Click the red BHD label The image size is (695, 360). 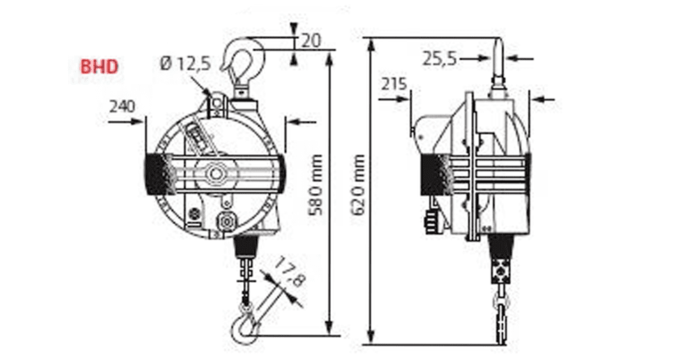[99, 67]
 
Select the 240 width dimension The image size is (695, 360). [122, 106]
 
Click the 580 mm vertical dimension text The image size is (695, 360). [316, 184]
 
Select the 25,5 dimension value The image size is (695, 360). [440, 58]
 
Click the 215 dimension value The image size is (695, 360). [394, 83]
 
